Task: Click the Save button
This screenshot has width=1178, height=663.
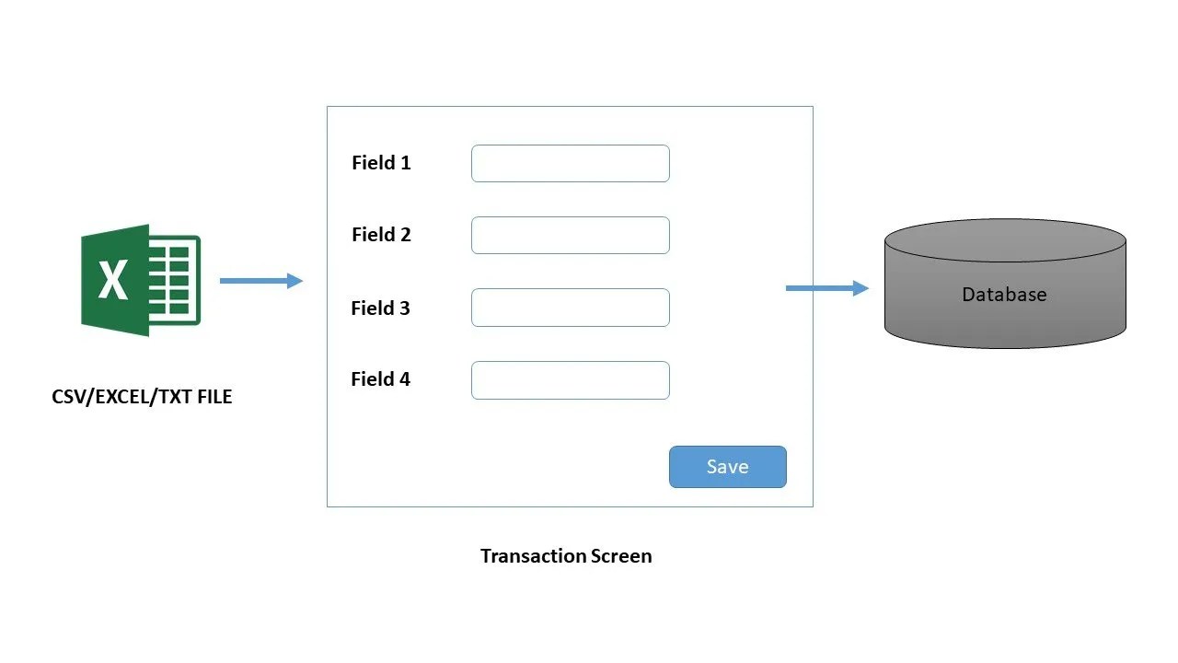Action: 727,467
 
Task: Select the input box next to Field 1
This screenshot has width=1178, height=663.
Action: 570,163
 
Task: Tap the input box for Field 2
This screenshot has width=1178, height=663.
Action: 570,235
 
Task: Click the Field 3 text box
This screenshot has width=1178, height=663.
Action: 570,308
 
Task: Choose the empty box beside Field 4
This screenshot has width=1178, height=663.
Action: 570,379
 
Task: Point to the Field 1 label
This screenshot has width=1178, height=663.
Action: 381,163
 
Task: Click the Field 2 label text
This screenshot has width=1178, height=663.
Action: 381,235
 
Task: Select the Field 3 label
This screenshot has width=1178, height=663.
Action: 380,308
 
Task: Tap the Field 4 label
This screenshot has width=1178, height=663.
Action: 380,379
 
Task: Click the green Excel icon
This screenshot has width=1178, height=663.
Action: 140,280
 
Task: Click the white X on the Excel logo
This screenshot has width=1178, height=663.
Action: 113,280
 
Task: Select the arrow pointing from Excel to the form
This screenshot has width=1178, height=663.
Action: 261,281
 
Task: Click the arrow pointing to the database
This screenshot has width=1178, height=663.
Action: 826,288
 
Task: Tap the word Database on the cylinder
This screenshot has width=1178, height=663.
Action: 1004,295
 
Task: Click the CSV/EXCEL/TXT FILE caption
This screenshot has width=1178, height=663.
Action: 142,398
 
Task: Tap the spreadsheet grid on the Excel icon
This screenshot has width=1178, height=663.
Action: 175,280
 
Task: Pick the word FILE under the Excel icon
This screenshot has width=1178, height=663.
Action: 212,398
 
